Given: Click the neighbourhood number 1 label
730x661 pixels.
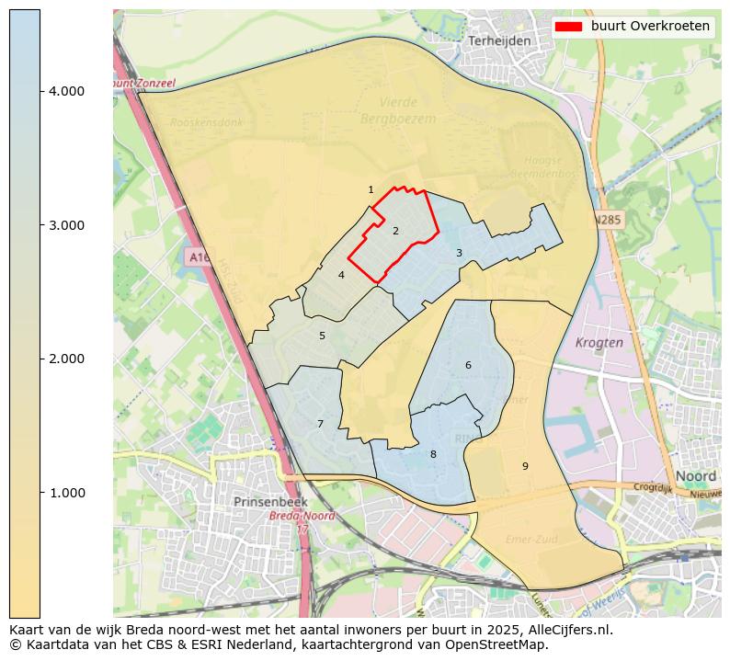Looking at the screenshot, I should pos(371,190).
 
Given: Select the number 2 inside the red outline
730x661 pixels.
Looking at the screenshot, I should pos(395,231).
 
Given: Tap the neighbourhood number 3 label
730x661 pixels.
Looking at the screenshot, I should pos(459,253).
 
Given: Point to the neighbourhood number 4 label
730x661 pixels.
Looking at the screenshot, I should pos(341,275).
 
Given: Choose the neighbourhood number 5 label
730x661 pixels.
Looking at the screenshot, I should pos(322,336).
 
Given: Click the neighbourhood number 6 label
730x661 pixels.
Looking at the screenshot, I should pos(468,365).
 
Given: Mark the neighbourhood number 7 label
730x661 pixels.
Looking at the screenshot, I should pos(320,424).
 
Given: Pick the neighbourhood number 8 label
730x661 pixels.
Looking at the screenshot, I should pos(433,454).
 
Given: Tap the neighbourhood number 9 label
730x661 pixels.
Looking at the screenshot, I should pos(525,466).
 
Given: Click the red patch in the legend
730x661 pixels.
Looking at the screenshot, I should pos(569,27).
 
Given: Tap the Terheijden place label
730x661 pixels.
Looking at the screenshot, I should pos(499,41).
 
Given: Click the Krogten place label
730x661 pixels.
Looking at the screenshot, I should pos(599,342).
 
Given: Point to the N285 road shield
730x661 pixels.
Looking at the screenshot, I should pos(607,221).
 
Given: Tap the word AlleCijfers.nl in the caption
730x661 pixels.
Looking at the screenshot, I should pos(566,630).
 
